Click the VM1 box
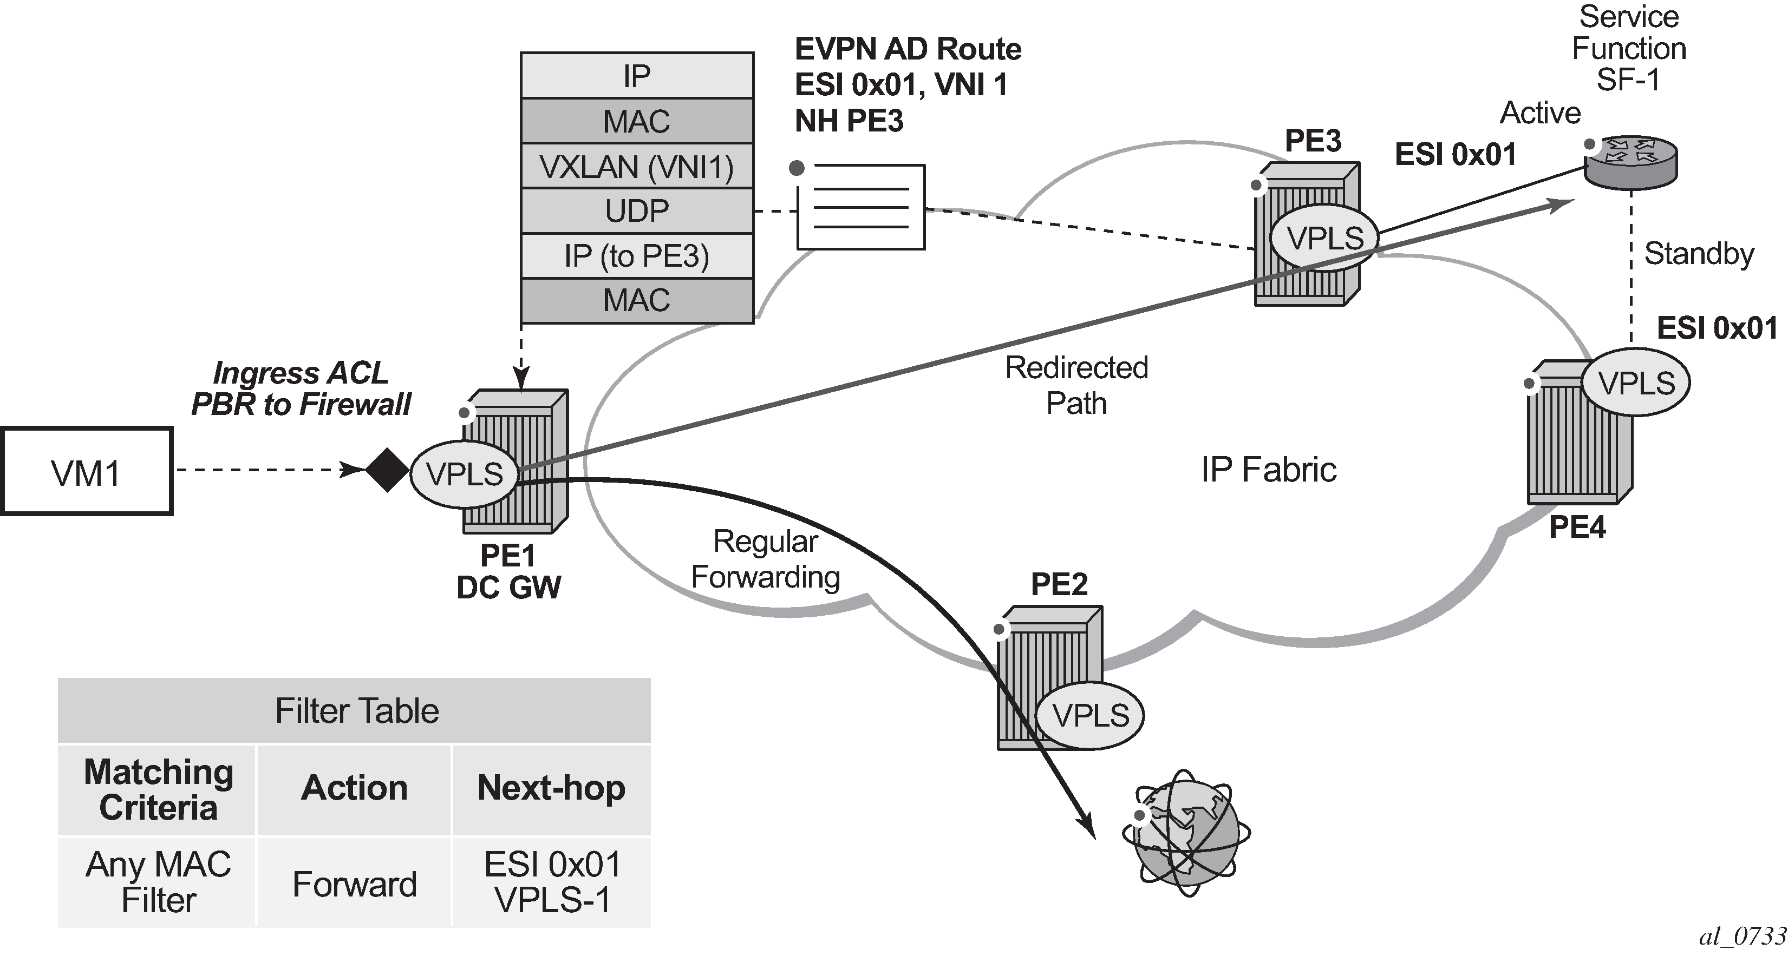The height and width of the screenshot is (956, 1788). [86, 471]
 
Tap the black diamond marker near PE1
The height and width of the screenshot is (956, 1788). [387, 470]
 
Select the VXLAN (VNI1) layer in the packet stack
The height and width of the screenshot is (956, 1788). [636, 167]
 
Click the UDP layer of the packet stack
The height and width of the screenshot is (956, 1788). [636, 211]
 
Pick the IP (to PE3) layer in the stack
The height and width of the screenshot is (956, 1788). [636, 256]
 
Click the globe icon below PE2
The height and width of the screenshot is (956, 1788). [1185, 832]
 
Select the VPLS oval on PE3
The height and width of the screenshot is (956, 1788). [1325, 238]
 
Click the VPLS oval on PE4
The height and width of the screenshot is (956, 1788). [1635, 383]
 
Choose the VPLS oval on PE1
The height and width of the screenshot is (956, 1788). [464, 474]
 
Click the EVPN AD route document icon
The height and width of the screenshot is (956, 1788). [860, 207]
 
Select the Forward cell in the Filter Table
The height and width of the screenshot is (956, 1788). [354, 883]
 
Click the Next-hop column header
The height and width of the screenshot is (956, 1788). [551, 788]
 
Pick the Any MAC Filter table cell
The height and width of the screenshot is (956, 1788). [158, 882]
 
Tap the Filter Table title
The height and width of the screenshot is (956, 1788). [356, 711]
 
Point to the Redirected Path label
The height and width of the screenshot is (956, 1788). [1076, 385]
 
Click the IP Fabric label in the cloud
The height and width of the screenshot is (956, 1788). [1268, 470]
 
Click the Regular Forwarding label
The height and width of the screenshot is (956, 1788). [765, 559]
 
